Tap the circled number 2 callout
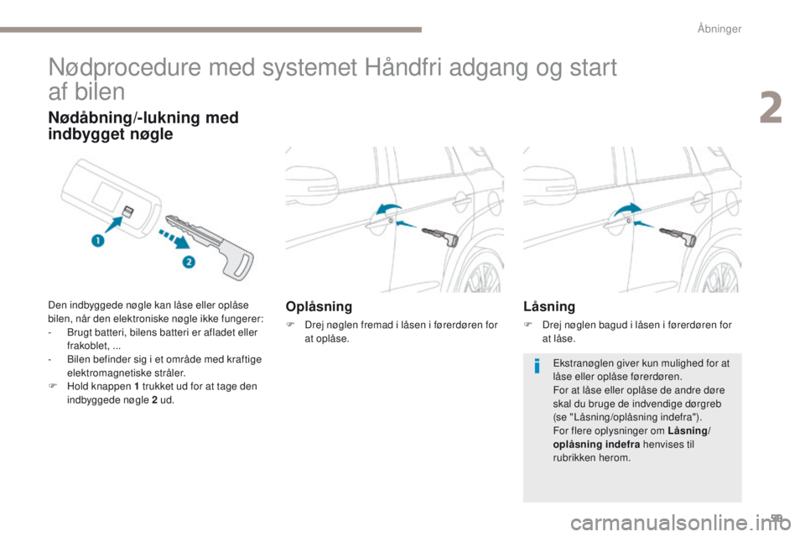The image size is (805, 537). (x=190, y=263)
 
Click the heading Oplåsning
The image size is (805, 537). (x=319, y=307)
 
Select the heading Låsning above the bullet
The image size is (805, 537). (x=549, y=307)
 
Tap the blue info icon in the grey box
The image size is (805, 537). (x=537, y=366)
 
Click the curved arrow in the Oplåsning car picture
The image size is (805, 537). (x=388, y=208)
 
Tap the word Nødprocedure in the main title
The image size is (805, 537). (x=118, y=68)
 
